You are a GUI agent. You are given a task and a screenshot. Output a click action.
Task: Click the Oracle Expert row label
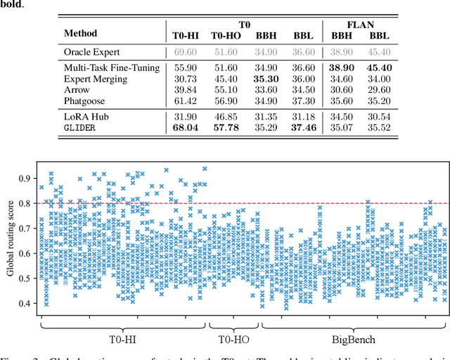[x=93, y=53]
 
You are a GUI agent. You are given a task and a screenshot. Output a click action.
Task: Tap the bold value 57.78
[x=226, y=128]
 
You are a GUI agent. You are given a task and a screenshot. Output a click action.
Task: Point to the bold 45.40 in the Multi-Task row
[x=380, y=67]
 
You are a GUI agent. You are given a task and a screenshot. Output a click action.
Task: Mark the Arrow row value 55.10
[x=226, y=90]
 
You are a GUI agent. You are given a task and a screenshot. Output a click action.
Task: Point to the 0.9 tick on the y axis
[x=25, y=179]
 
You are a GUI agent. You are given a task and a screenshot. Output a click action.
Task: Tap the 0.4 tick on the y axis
[x=25, y=303]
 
